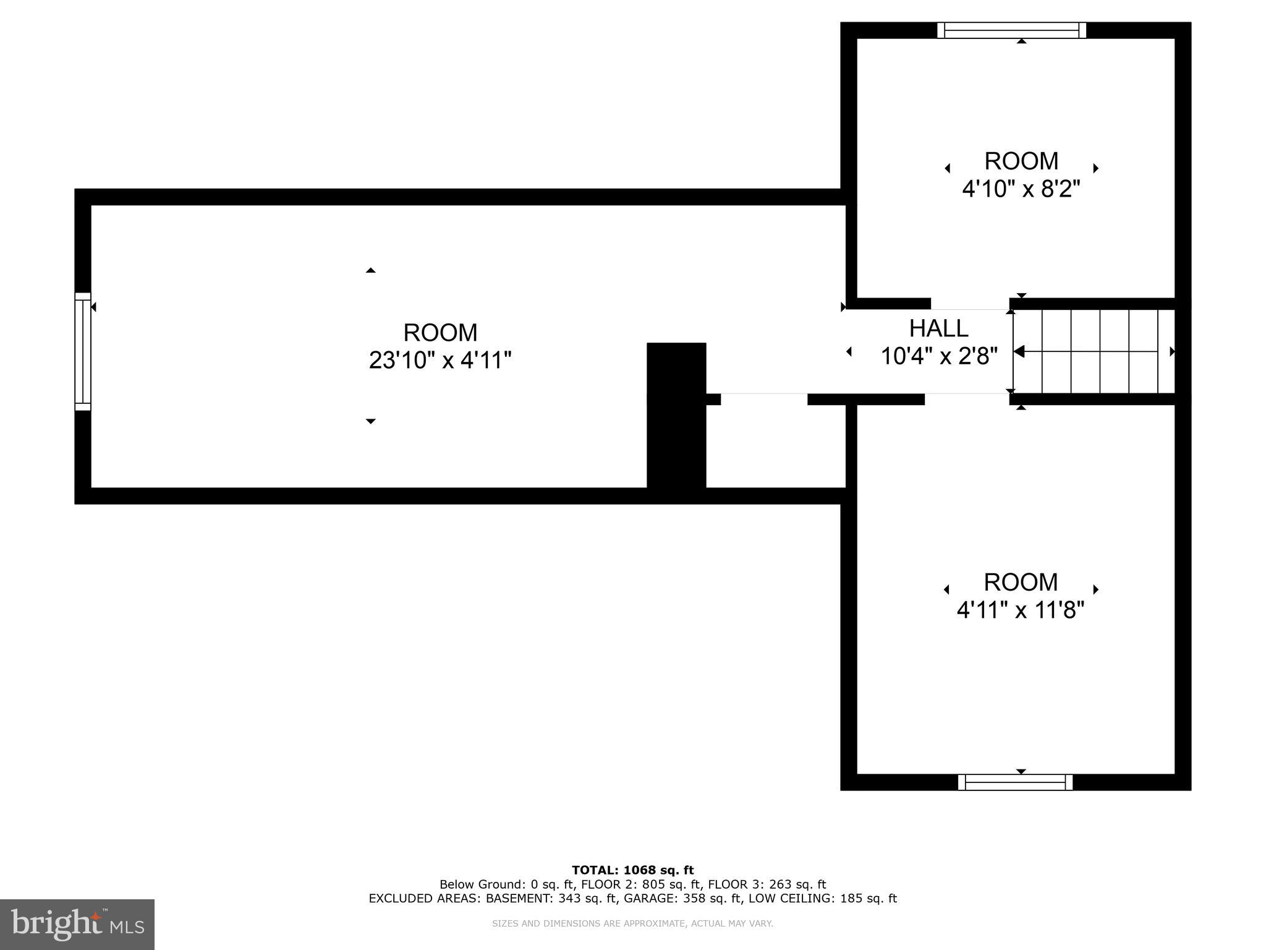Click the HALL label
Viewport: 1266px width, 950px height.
[938, 328]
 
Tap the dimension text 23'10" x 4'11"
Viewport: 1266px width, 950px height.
[440, 360]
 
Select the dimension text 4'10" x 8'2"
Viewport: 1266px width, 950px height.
[1021, 189]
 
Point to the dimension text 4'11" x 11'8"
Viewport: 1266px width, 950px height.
[1020, 610]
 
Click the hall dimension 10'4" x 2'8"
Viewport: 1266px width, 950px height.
[938, 356]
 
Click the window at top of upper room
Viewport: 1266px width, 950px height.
[1011, 30]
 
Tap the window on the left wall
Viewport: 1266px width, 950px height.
[83, 351]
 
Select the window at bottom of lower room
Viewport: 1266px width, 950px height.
[1015, 782]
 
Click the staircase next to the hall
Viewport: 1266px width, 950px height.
[1094, 351]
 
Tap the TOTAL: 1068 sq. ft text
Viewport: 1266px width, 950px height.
[632, 870]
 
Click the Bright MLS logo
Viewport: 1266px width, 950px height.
[77, 924]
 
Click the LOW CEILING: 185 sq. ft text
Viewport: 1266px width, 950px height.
[823, 899]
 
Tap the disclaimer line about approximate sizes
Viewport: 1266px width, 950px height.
[632, 923]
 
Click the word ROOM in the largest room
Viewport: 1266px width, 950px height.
[440, 333]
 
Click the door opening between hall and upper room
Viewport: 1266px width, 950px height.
[970, 304]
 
